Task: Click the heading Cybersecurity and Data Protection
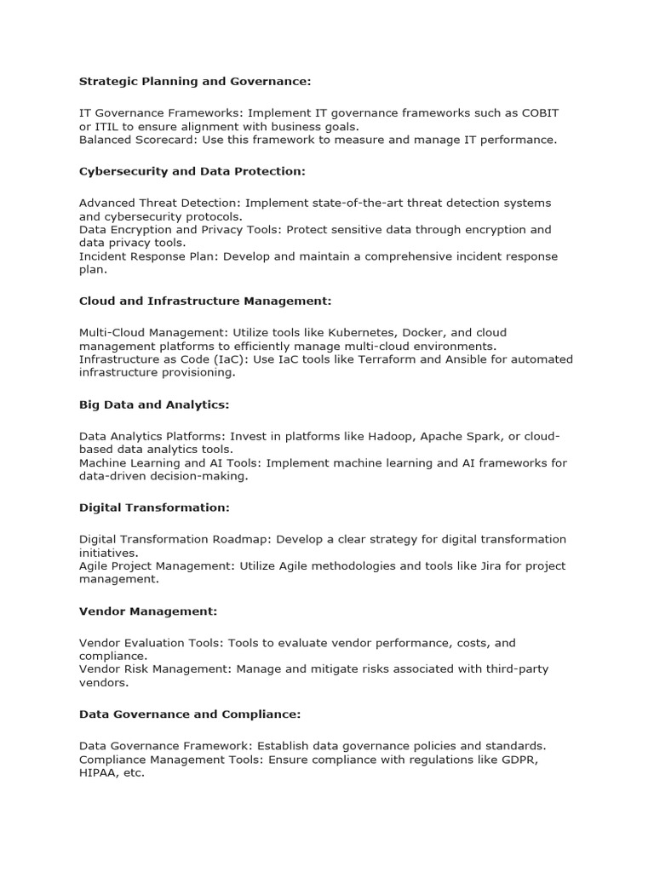pyautogui.click(x=192, y=171)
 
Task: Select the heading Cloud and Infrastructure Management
pyautogui.click(x=204, y=301)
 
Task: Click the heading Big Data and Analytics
pyautogui.click(x=154, y=404)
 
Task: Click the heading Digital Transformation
pyautogui.click(x=153, y=508)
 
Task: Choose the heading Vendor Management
pyautogui.click(x=148, y=611)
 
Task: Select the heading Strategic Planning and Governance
pyautogui.click(x=195, y=82)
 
